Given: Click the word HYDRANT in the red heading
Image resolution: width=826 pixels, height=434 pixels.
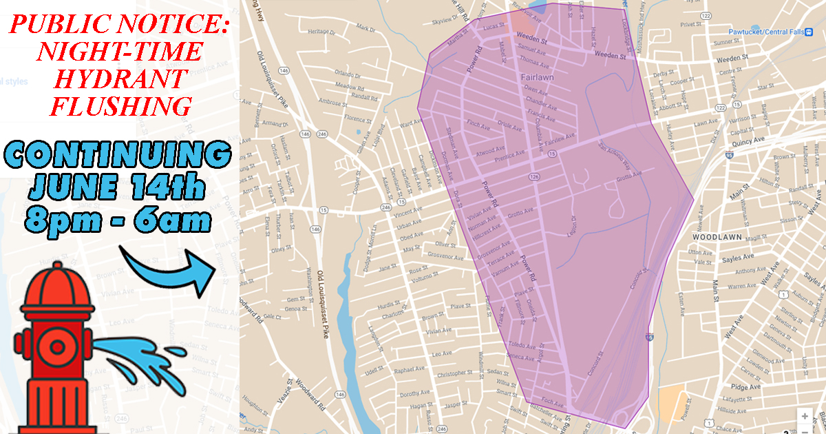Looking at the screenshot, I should point(120,78).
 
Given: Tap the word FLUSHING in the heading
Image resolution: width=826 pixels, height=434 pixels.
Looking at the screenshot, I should point(120,105).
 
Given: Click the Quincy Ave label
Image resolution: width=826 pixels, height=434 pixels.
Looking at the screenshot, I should point(750,139).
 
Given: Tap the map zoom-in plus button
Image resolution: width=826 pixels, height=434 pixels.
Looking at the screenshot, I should point(805,416).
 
